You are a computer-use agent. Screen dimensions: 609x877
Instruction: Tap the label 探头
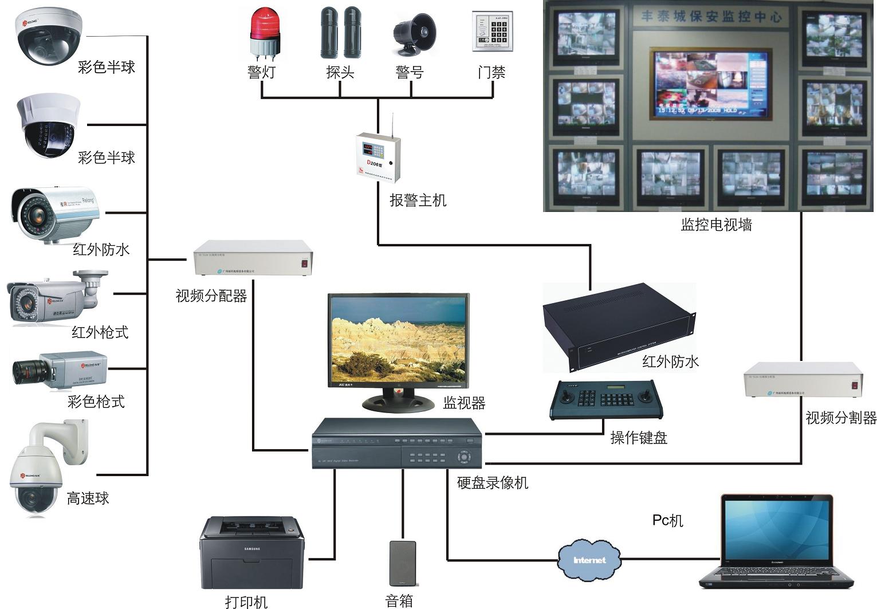point(340,72)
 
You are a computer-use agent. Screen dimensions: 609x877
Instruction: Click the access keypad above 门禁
point(492,32)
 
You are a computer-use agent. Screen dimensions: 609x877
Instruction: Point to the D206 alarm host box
point(377,158)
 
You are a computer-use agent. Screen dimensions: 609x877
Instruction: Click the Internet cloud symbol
point(589,560)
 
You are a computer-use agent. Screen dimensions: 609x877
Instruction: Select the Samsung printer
point(251,553)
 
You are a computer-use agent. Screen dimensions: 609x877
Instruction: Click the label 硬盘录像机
point(492,483)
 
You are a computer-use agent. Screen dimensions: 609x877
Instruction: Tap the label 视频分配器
point(211,296)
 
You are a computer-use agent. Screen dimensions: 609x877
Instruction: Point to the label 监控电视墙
point(716,225)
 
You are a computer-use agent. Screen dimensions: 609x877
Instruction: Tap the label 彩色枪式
point(96,402)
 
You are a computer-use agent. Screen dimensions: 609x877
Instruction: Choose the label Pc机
point(667,520)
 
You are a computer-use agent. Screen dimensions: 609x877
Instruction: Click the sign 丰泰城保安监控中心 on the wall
point(710,17)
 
